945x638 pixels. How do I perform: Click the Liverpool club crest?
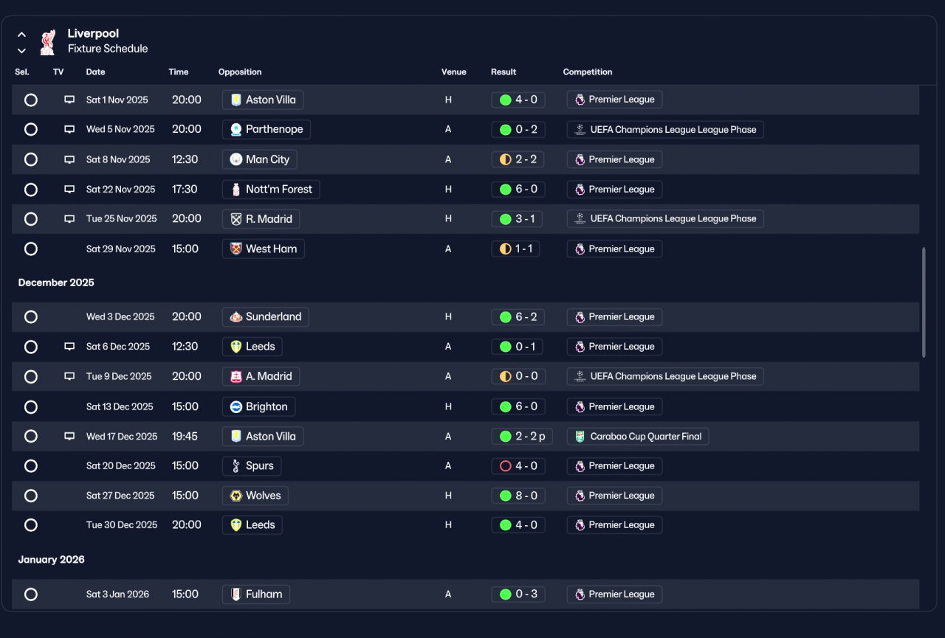tap(48, 42)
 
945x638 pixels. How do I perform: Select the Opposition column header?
tap(240, 72)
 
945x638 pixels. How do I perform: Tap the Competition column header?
tap(587, 72)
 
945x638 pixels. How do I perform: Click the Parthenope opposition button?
tap(267, 129)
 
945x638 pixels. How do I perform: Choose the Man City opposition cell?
tap(259, 160)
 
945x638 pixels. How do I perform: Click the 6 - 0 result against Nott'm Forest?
tap(518, 190)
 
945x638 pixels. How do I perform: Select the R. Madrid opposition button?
tap(261, 219)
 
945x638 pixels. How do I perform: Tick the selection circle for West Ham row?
tap(31, 249)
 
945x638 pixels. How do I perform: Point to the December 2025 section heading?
tap(56, 282)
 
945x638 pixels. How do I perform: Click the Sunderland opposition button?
tap(265, 317)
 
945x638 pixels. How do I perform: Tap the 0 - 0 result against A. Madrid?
tap(518, 376)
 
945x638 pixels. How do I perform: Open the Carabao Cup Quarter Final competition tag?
tap(638, 437)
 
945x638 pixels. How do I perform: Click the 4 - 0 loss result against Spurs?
tap(518, 466)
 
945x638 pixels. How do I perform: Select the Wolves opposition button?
tap(255, 496)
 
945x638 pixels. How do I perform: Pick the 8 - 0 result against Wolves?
tap(518, 496)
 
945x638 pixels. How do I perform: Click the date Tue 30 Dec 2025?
tap(122, 525)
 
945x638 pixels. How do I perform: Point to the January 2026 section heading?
tap(52, 560)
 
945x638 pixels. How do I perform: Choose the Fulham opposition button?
tap(255, 594)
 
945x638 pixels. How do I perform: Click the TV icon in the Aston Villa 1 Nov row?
tap(69, 100)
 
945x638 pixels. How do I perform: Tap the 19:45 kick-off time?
tap(185, 437)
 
